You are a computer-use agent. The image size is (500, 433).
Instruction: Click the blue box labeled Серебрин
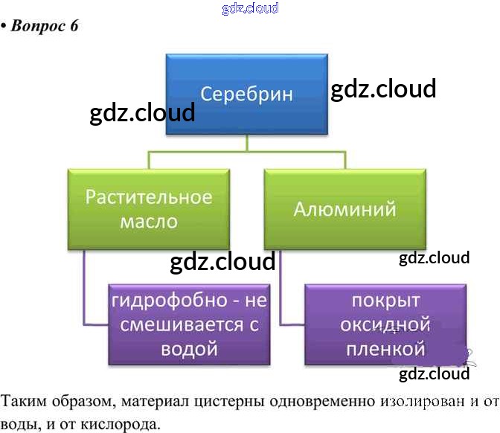[x=246, y=94]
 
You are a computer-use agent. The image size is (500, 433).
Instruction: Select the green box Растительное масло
[x=148, y=208]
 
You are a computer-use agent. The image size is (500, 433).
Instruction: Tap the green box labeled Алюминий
[x=344, y=208]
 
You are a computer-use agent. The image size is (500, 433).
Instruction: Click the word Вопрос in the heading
[x=40, y=26]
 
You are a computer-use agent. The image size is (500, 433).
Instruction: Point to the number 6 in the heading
[x=74, y=26]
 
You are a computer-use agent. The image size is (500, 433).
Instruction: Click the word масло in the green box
[x=148, y=221]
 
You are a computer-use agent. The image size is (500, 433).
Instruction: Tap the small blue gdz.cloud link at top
[x=250, y=8]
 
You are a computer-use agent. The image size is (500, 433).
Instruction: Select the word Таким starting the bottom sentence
[x=22, y=402]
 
